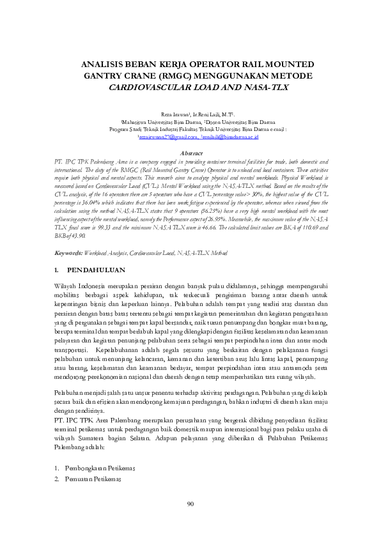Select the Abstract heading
pyautogui.click(x=190, y=154)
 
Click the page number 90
pyautogui.click(x=190, y=505)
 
